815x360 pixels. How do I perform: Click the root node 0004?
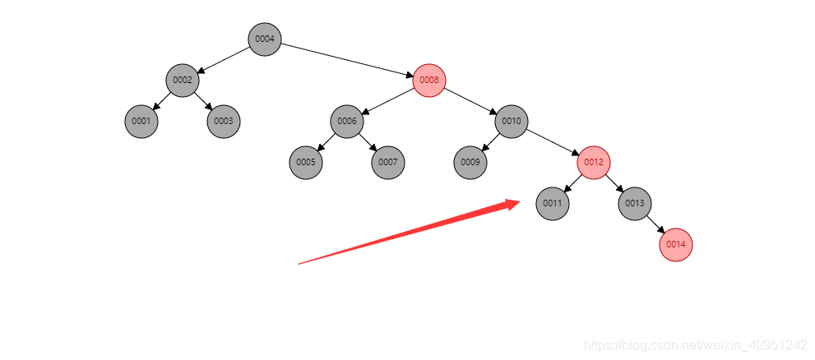coord(265,39)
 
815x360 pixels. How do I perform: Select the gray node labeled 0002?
coord(183,80)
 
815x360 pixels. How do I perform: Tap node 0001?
coord(141,121)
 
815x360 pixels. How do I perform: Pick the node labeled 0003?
coord(224,121)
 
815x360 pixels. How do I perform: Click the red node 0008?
coord(429,80)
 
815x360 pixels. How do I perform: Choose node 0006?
coord(347,121)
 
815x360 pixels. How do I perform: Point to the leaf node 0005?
coord(306,162)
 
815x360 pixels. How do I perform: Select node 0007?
coord(388,162)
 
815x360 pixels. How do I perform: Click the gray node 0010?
coord(512,121)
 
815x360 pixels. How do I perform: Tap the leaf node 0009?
coord(470,162)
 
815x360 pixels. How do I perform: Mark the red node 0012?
coord(594,162)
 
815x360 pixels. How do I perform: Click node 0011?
coord(553,203)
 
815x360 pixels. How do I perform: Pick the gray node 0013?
coord(635,203)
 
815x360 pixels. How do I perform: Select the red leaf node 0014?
coord(676,244)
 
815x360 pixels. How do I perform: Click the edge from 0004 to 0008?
coord(347,59)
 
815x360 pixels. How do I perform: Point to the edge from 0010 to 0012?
coord(553,141)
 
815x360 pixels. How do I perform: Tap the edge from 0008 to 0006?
coord(388,100)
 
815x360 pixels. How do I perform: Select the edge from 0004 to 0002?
coord(224,59)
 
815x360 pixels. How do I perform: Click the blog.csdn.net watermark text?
coord(695,345)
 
